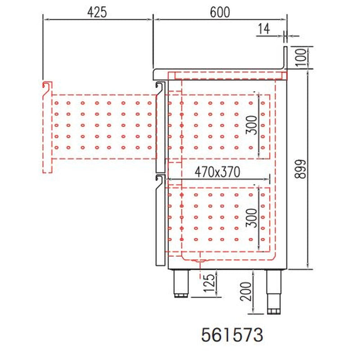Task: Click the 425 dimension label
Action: [97, 12]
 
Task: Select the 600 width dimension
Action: [220, 12]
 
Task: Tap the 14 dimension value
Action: [264, 29]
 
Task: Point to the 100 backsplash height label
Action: [301, 57]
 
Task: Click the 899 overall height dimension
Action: [301, 169]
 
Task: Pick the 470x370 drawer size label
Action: [217, 172]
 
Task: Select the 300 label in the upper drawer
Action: [252, 125]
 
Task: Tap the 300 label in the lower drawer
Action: [252, 218]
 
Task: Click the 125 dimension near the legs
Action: [210, 283]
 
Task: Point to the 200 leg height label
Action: [246, 292]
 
